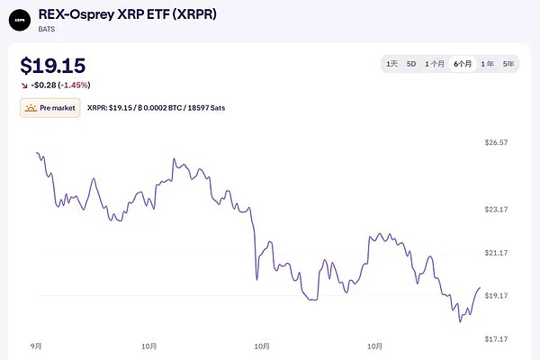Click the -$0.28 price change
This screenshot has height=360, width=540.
[x=46, y=85]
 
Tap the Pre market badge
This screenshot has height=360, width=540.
[x=49, y=108]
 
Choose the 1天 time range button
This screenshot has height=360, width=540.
[x=391, y=64]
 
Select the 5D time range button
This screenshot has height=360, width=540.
[x=411, y=64]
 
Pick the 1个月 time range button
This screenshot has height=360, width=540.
[x=436, y=64]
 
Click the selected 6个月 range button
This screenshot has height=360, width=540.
[x=463, y=64]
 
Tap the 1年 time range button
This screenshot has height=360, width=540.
[x=487, y=64]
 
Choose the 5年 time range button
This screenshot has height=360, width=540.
[x=508, y=64]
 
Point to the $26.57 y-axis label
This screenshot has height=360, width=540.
[x=497, y=142]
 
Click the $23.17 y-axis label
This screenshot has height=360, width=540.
[x=497, y=209]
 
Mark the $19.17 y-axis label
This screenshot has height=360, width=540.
[x=497, y=295]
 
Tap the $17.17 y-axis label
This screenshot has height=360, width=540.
[x=497, y=338]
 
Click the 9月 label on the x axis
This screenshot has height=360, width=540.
[x=37, y=346]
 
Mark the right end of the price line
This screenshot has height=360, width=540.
[x=480, y=288]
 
